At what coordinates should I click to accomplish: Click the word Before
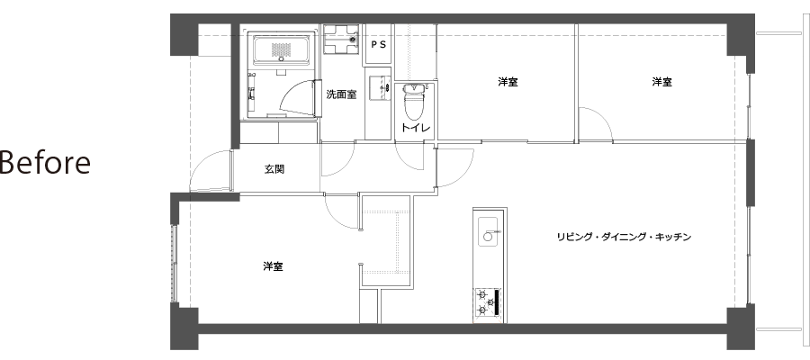coord(45,162)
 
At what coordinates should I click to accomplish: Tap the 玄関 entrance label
coord(274,169)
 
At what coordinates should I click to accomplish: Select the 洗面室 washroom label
coord(341,94)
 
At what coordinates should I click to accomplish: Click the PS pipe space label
coord(379,44)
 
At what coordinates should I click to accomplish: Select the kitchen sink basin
coord(488,230)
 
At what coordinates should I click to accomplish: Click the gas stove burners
coord(487,301)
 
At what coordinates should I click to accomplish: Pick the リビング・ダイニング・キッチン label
coord(624,237)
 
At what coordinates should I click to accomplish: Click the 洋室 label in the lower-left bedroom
coord(273,266)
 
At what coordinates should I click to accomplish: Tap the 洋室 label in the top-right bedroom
coord(661,82)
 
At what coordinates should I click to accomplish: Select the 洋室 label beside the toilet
coord(508,82)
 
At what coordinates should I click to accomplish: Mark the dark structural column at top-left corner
coord(184,34)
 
